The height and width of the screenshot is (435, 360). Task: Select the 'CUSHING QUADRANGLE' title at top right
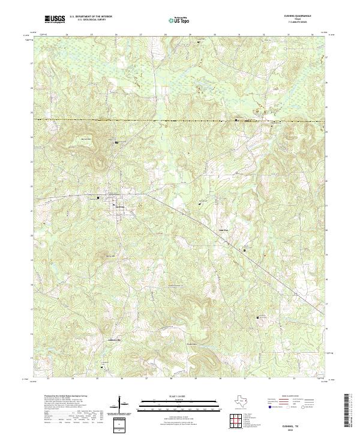tap(298, 15)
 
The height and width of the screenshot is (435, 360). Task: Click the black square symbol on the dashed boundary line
tap(236, 120)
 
